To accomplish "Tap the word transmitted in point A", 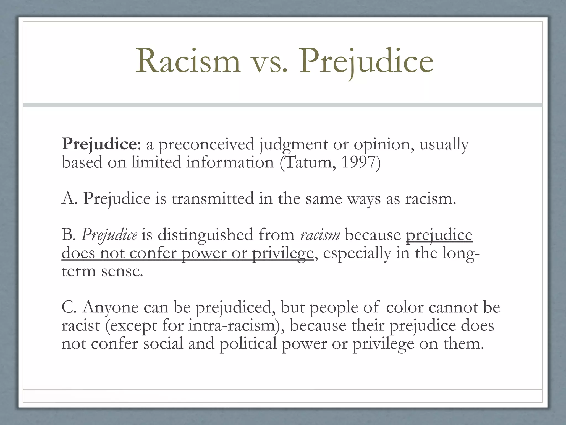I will [x=213, y=199].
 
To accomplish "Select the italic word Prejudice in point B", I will [x=109, y=235].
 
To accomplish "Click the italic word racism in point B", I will [x=320, y=235].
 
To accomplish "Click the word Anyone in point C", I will [x=110, y=308].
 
